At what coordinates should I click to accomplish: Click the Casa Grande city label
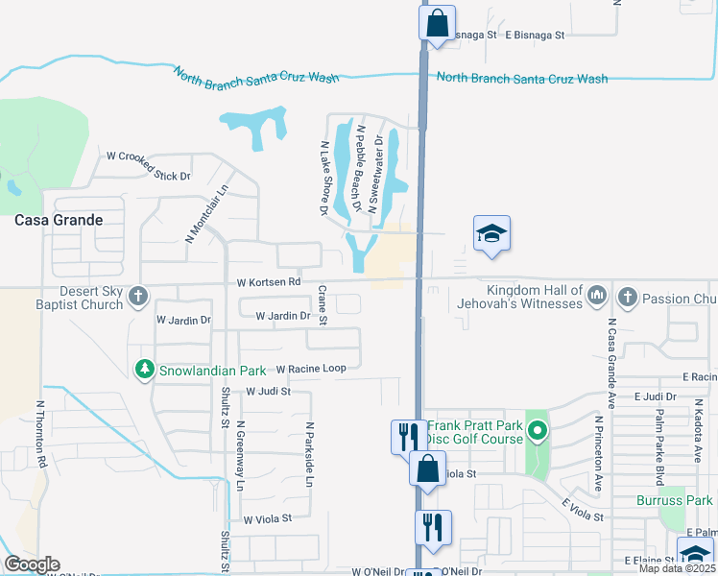(x=59, y=220)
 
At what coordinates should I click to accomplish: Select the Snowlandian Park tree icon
(x=144, y=369)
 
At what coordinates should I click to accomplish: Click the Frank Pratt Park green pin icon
(x=538, y=432)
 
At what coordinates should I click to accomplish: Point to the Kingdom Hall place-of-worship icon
(x=596, y=293)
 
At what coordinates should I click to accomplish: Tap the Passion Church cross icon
(x=629, y=297)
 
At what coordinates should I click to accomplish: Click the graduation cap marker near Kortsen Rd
(x=491, y=233)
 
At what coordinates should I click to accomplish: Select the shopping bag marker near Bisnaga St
(x=437, y=23)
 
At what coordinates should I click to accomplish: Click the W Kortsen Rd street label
(x=269, y=282)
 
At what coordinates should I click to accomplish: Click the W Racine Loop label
(x=310, y=368)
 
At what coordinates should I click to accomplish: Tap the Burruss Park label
(x=675, y=500)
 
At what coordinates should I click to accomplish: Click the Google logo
(x=32, y=564)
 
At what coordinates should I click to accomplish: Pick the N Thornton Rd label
(x=40, y=435)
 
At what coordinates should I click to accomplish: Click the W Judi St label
(x=268, y=392)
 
